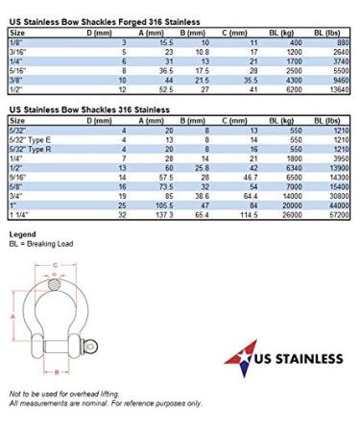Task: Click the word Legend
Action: [22, 235]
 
